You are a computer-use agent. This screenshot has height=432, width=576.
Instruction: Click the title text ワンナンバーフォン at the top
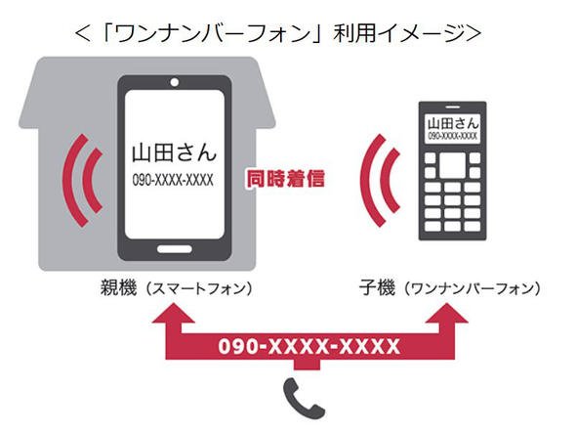(x=213, y=34)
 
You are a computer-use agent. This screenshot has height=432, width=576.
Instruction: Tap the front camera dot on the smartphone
(x=175, y=82)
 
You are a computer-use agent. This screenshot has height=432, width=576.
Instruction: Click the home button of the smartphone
(x=175, y=249)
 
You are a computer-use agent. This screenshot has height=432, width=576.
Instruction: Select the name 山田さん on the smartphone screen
(x=174, y=152)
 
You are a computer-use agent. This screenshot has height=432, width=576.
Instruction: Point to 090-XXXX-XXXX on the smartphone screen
(x=173, y=180)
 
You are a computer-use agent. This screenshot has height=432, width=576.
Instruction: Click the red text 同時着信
(x=285, y=179)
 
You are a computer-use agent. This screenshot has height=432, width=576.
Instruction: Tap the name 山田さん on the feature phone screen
(x=453, y=123)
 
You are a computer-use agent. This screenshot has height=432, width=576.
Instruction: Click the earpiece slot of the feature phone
(x=453, y=107)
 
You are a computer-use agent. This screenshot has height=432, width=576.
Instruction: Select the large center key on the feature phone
(x=453, y=165)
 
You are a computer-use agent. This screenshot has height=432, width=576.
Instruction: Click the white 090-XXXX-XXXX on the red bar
(x=309, y=346)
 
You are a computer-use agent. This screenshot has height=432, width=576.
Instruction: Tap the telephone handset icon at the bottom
(x=304, y=399)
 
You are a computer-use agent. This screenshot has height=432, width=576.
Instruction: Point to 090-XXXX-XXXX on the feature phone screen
(x=453, y=137)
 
